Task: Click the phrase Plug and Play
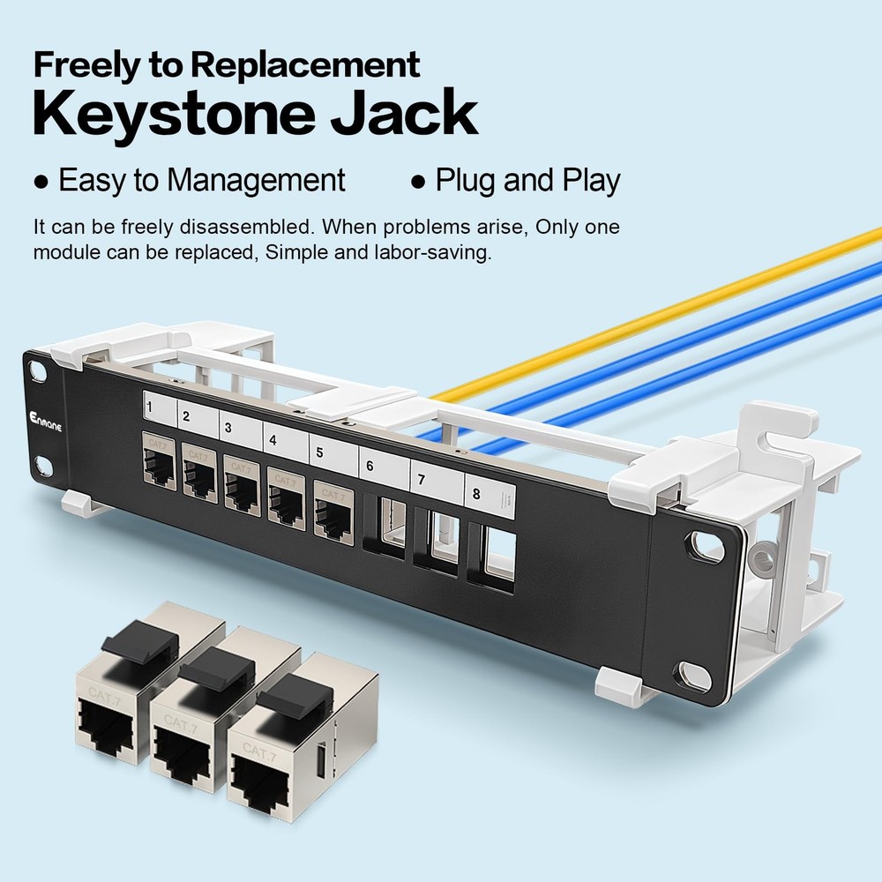[x=527, y=181]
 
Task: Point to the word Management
[x=256, y=181]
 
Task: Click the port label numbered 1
[x=152, y=408]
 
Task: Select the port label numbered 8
[x=476, y=494]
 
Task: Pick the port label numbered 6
[x=369, y=467]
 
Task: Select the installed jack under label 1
[x=158, y=465]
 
